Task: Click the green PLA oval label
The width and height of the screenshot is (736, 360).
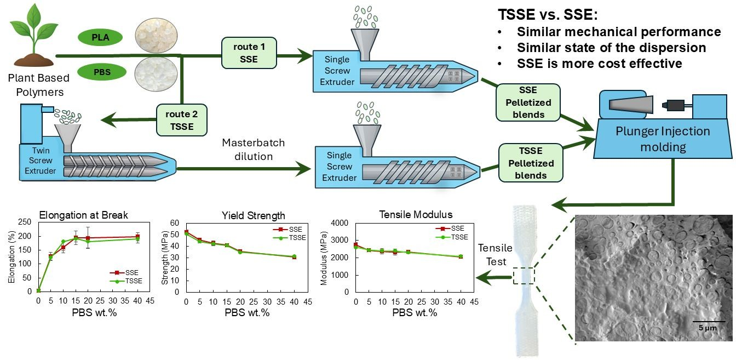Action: (100, 37)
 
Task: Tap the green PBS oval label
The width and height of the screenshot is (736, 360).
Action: (100, 71)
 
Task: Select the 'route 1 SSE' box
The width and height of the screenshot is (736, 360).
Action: (249, 53)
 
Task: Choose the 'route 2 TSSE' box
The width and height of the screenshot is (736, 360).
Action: (182, 121)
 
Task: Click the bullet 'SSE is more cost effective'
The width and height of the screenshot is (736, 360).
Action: (599, 63)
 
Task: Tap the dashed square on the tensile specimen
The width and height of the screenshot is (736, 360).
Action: (524, 275)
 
